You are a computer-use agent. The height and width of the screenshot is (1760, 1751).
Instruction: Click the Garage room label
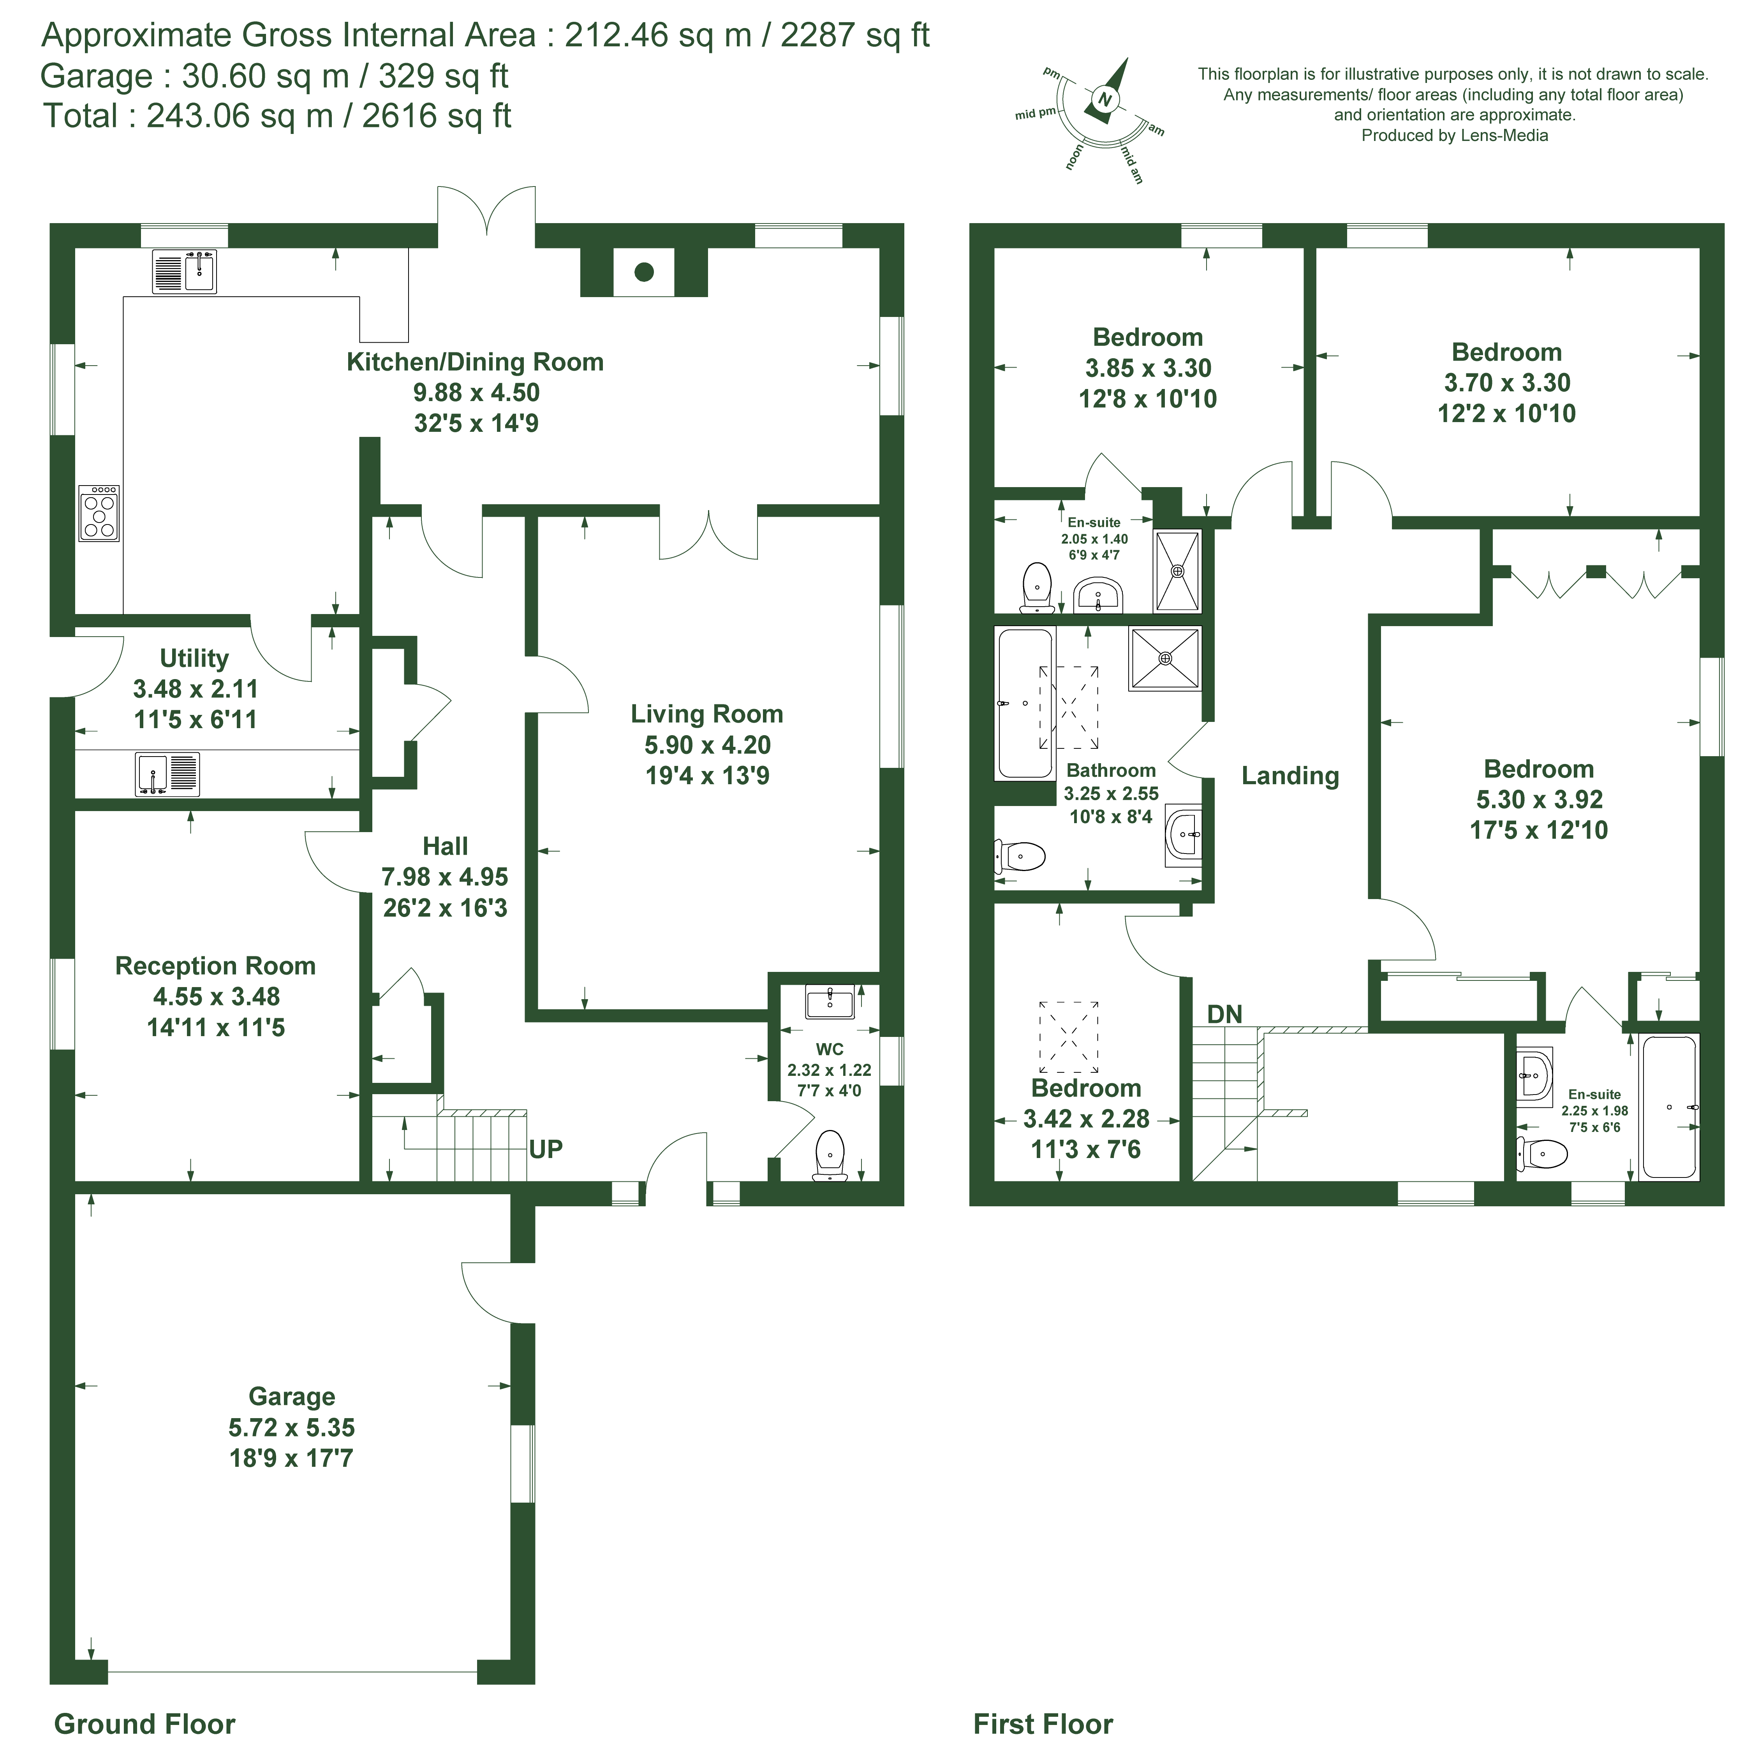[292, 1397]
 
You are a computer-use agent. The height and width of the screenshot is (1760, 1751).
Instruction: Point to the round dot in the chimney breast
[644, 271]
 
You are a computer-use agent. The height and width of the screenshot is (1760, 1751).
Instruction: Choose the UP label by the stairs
[546, 1150]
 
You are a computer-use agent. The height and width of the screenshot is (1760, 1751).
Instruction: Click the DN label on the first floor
[1224, 1014]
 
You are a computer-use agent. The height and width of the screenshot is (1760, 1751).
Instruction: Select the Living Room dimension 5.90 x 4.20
[707, 745]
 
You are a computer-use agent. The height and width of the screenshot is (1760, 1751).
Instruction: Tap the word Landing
[1290, 776]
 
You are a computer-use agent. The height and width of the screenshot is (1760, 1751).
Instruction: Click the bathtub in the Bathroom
[1026, 702]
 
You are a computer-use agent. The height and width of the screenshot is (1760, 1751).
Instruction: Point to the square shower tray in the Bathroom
[1165, 658]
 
